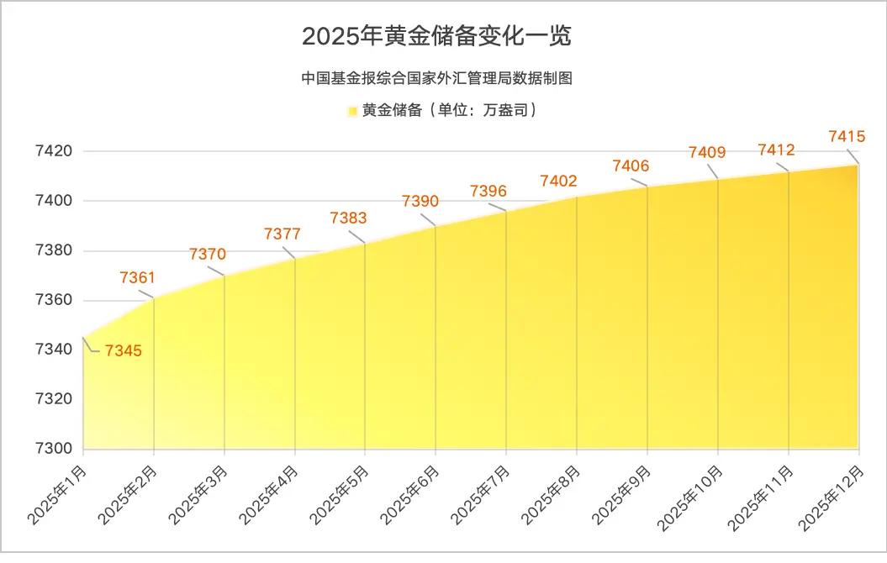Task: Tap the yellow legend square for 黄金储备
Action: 351,111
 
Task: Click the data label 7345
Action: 124,350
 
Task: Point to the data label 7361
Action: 138,277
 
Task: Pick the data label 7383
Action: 348,218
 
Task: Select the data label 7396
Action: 488,192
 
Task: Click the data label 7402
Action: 558,181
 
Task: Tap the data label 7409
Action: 707,152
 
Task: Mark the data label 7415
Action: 847,136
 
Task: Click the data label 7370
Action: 208,254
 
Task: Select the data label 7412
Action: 776,150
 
